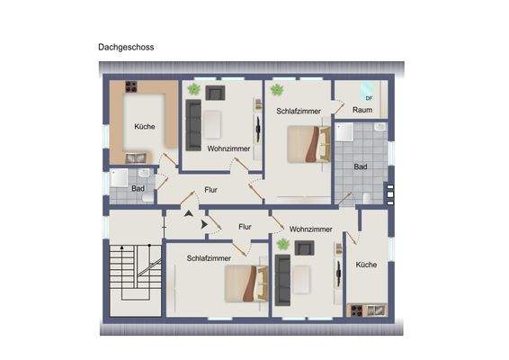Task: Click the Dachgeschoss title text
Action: tap(126, 46)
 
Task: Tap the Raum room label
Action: tap(362, 110)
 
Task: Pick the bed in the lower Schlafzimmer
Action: tap(241, 283)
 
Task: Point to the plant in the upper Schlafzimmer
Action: tap(277, 89)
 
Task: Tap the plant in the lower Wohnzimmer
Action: tap(283, 244)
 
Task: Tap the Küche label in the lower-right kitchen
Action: tap(366, 265)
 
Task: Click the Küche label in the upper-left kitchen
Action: tap(144, 127)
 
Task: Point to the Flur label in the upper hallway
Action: tap(211, 190)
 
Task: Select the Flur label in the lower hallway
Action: tap(245, 228)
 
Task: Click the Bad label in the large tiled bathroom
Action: tap(361, 167)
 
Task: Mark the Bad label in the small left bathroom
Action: tap(138, 188)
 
